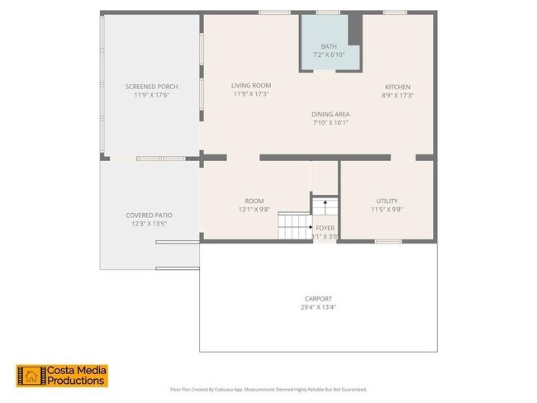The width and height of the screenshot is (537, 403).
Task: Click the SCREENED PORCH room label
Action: [151, 87]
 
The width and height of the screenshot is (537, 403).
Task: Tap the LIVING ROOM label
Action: [251, 85]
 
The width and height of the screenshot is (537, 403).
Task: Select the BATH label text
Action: [329, 46]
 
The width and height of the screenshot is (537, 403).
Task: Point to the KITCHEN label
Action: [397, 87]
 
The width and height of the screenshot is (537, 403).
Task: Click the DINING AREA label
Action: [330, 114]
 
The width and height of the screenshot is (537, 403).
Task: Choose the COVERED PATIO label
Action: [150, 215]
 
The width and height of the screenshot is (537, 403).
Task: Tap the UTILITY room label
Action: [387, 201]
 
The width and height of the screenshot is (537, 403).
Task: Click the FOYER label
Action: [325, 227]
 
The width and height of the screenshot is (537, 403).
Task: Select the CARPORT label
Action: [318, 298]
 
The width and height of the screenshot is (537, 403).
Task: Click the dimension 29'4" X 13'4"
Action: [318, 307]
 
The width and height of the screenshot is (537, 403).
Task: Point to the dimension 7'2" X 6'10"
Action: [329, 55]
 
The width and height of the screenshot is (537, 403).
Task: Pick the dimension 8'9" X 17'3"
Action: [397, 95]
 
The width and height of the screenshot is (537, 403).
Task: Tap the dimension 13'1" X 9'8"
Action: [254, 210]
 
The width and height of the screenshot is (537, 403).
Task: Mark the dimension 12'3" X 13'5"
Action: [150, 223]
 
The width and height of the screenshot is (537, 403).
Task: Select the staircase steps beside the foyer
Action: [293, 225]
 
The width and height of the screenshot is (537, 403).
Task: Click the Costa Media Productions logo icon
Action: [30, 376]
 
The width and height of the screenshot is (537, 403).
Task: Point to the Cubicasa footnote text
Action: [268, 389]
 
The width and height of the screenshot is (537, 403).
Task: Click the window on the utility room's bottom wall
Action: [387, 241]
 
